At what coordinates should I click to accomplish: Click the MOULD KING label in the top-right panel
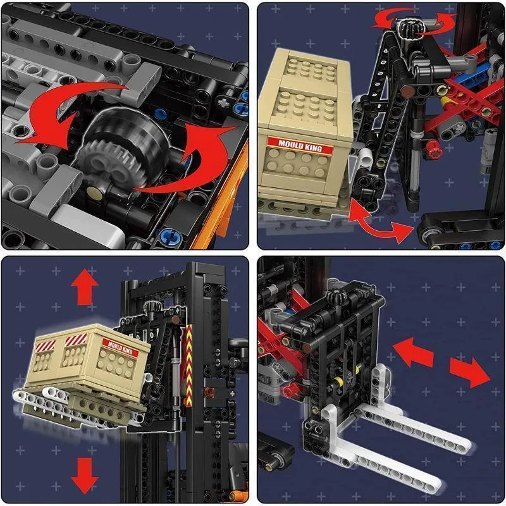[300, 147]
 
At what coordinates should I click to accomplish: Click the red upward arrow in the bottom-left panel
[85, 287]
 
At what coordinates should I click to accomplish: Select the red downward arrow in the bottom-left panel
[85, 475]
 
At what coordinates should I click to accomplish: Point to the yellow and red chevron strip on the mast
[188, 366]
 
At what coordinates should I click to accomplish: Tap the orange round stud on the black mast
[209, 392]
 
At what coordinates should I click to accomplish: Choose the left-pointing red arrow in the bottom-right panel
[413, 352]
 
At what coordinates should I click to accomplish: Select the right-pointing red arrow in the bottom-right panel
[470, 372]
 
